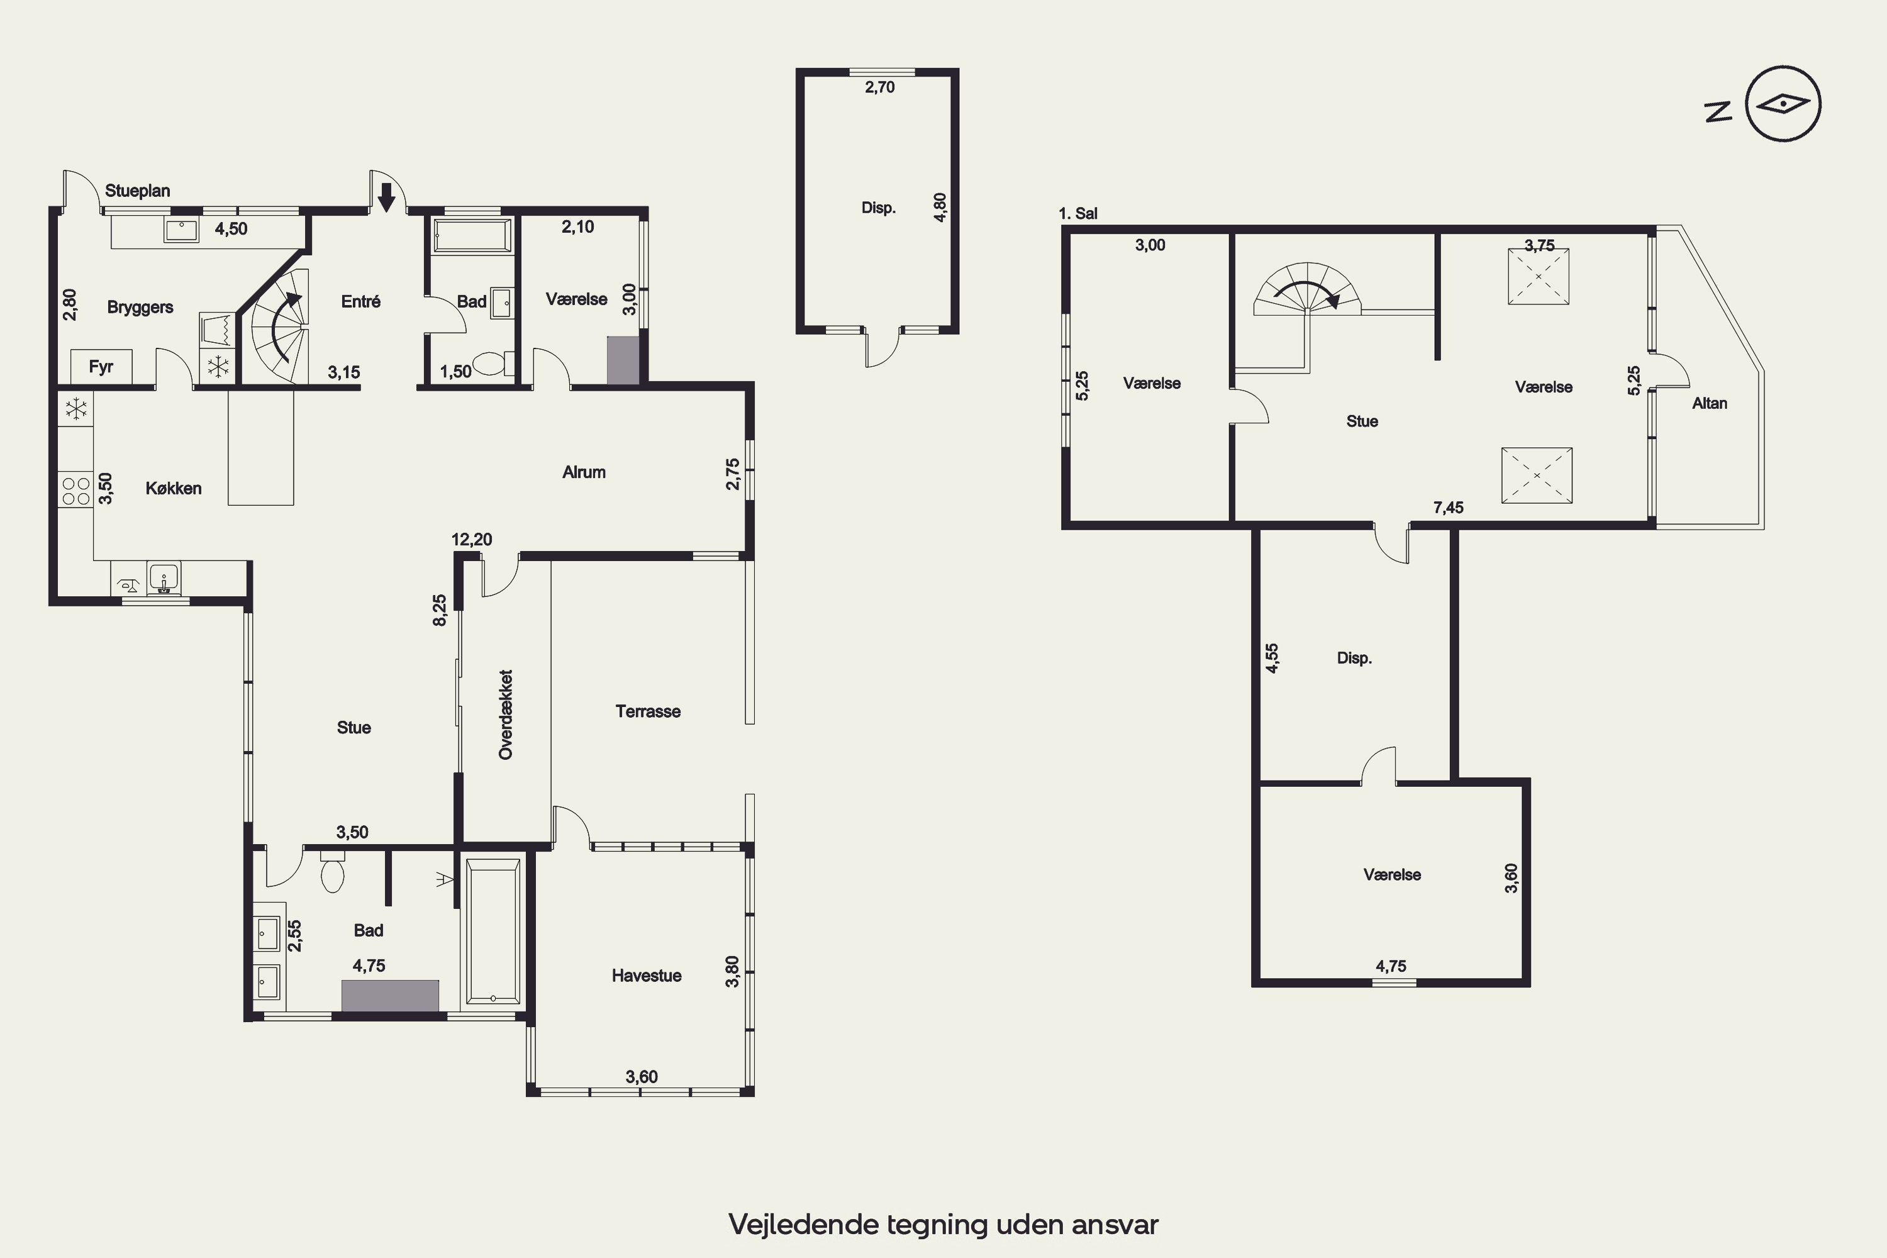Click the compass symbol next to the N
click(1783, 104)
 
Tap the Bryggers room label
click(140, 308)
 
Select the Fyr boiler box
click(101, 367)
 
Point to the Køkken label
click(174, 489)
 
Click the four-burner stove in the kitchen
click(75, 491)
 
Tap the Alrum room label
click(584, 472)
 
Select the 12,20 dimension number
click(472, 539)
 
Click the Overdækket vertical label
click(506, 714)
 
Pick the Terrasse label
click(648, 711)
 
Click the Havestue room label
click(647, 976)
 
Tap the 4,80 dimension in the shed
click(940, 207)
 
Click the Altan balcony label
click(1710, 404)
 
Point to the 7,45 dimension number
click(1448, 507)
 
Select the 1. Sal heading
click(1077, 213)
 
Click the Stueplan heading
click(137, 191)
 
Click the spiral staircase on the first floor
click(1308, 289)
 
